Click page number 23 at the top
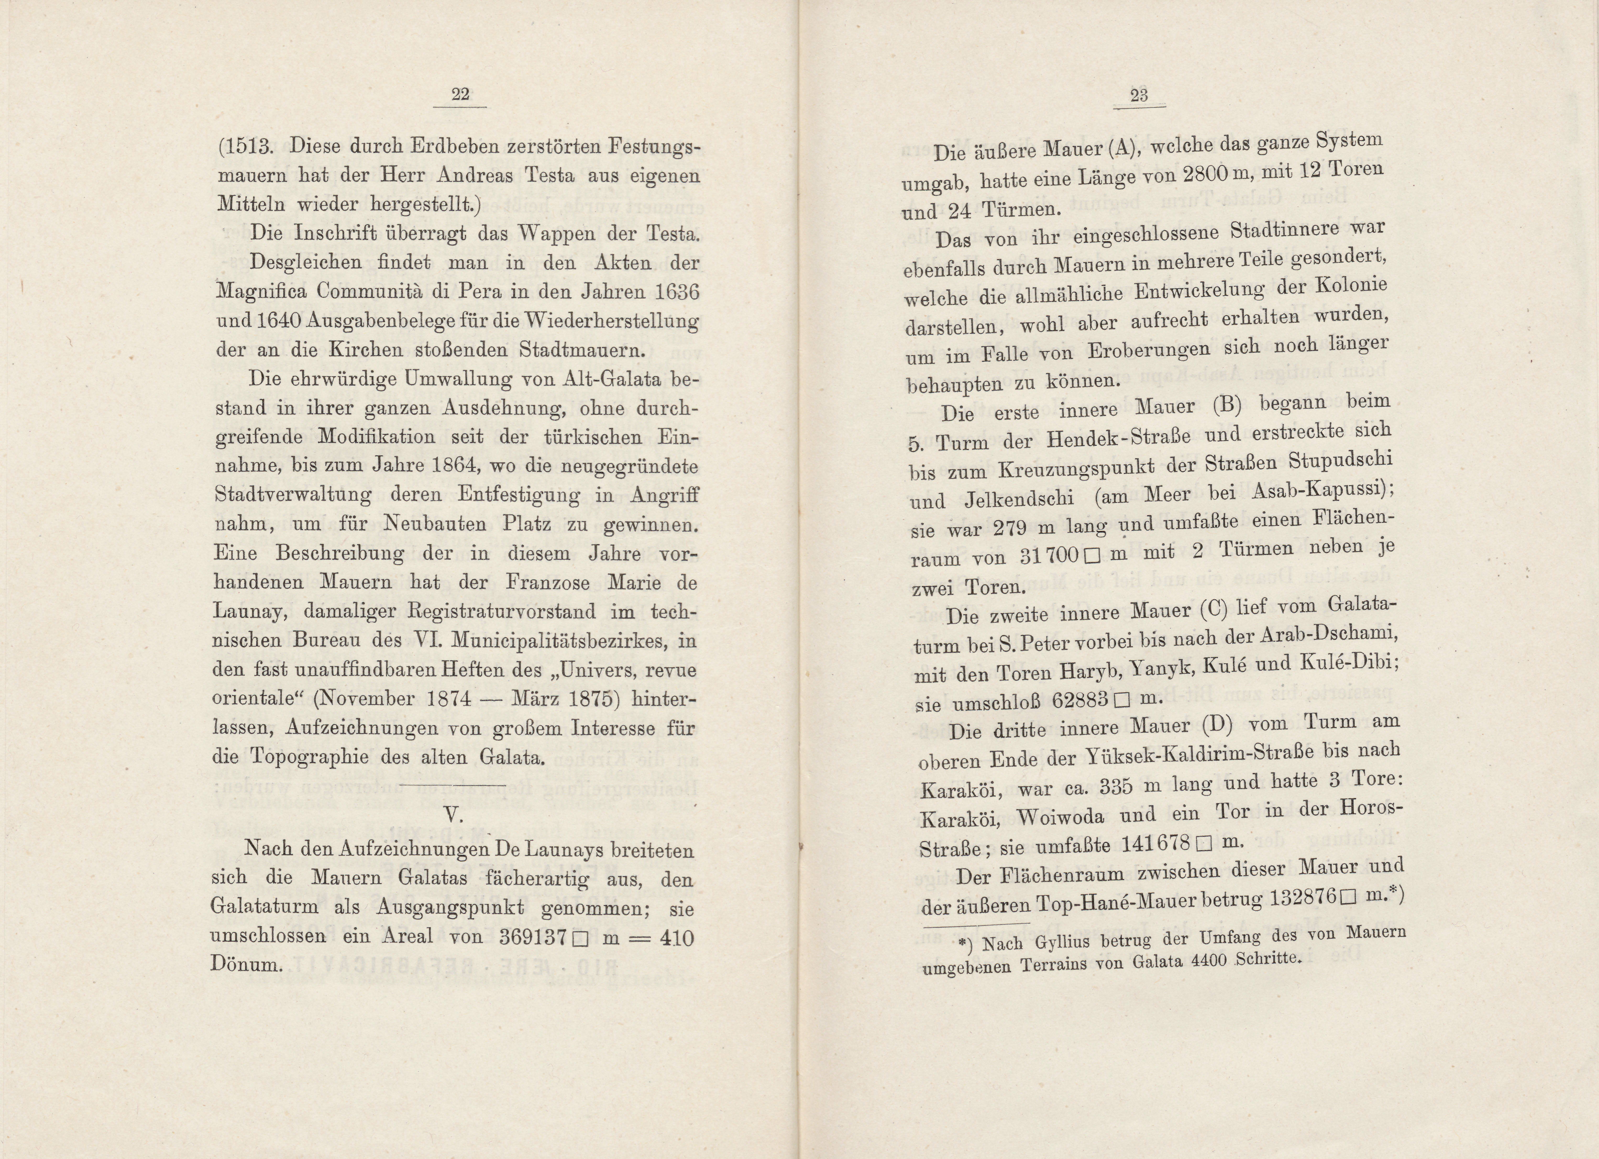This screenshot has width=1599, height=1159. coord(1139,96)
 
